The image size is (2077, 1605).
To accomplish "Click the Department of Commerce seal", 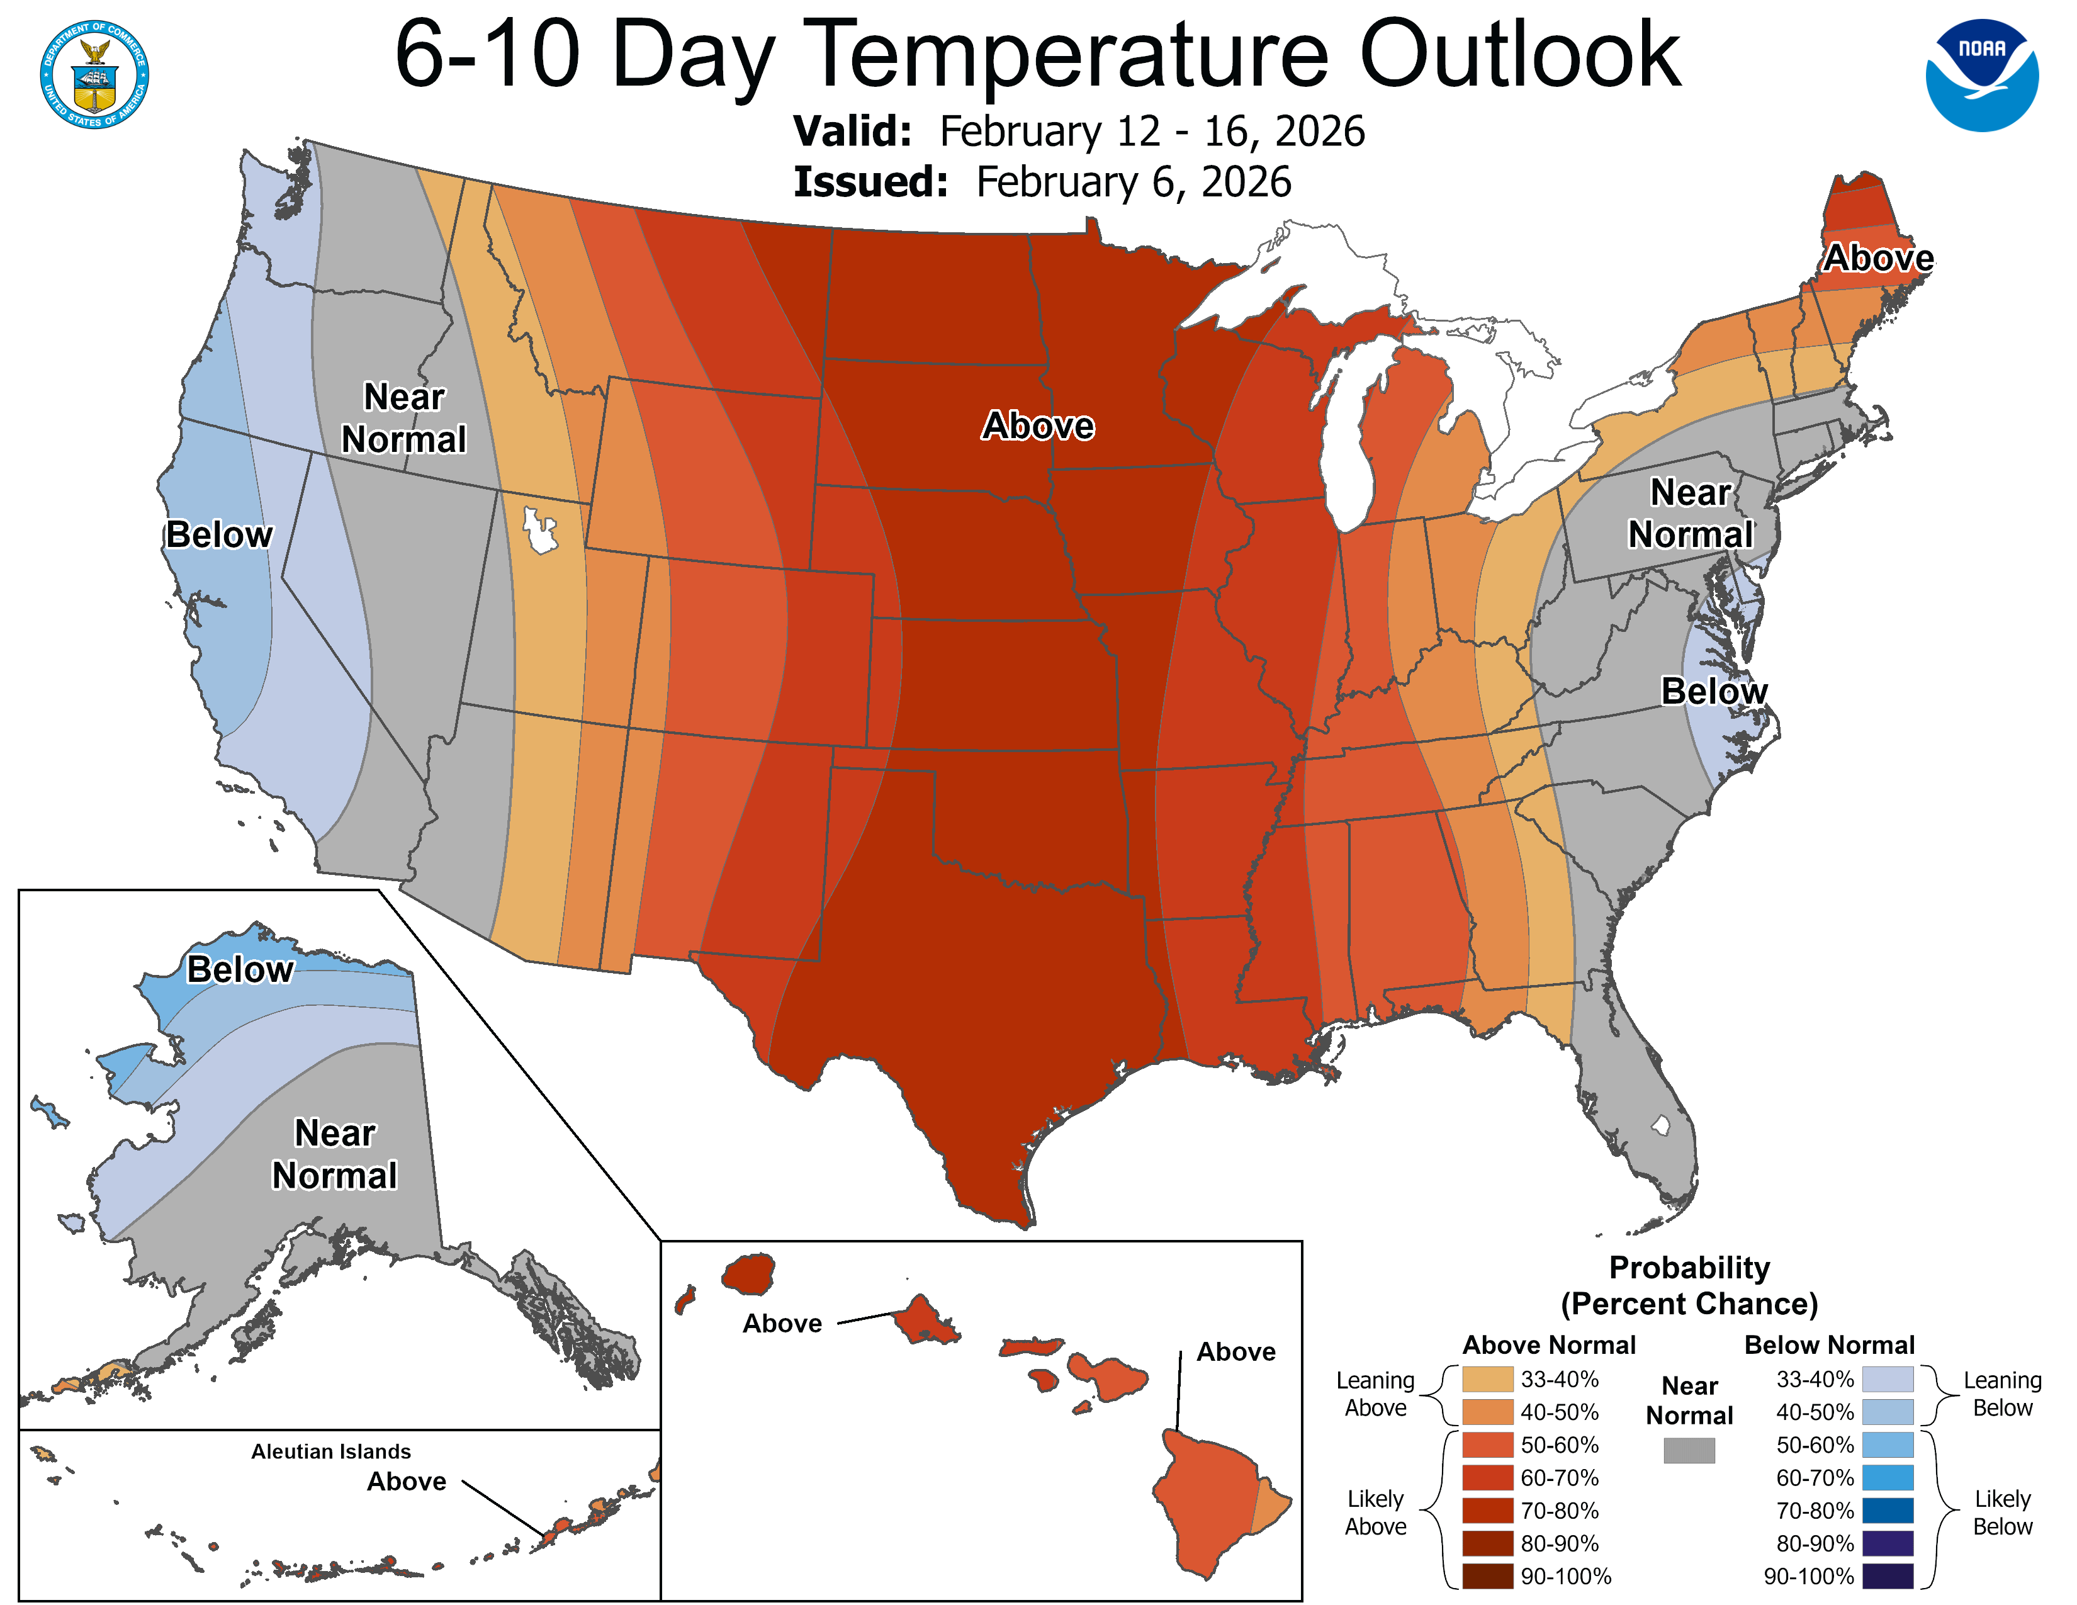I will click(94, 74).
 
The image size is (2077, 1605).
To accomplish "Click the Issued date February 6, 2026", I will click(1133, 183).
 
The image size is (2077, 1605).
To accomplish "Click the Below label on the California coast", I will click(219, 536).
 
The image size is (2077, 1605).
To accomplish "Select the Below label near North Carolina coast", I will click(1714, 691).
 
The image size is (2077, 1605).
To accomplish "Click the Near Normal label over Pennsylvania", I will click(1690, 514).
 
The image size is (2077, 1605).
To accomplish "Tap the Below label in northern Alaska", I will click(240, 970).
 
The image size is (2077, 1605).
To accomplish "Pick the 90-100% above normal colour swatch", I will click(1487, 1577).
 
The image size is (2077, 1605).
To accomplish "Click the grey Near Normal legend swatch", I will click(1689, 1450).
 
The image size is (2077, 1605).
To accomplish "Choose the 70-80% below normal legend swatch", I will click(1887, 1511).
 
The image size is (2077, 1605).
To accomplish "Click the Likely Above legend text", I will click(1375, 1512).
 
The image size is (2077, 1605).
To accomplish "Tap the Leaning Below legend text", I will click(2002, 1394).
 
